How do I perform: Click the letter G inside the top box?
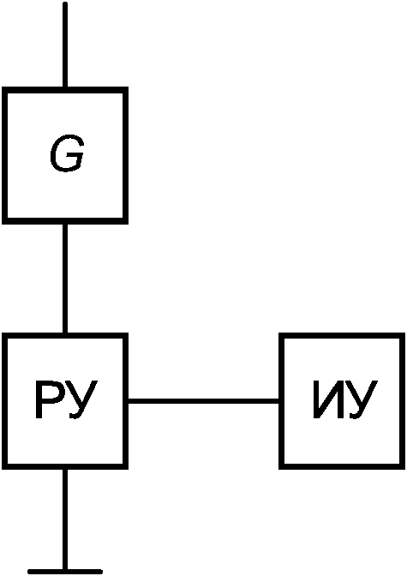[67, 153]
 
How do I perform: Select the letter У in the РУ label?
[83, 400]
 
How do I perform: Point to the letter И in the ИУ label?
[329, 399]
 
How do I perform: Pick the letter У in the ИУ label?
[363, 400]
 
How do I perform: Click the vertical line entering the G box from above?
[65, 45]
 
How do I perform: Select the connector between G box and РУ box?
[65, 279]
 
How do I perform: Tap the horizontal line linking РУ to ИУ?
[204, 401]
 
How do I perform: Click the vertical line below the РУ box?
[65, 519]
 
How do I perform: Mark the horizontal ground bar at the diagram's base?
[65, 572]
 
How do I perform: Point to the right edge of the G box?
[126, 155]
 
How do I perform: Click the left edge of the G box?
[4, 155]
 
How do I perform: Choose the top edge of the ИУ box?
[342, 335]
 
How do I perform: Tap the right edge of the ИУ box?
[403, 401]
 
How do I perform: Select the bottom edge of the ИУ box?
[342, 467]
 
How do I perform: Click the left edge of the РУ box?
[4, 401]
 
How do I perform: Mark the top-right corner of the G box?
[126, 90]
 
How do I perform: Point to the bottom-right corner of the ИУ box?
[403, 467]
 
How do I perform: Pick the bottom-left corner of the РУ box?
[4, 467]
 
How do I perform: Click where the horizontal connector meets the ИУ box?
[281, 401]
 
